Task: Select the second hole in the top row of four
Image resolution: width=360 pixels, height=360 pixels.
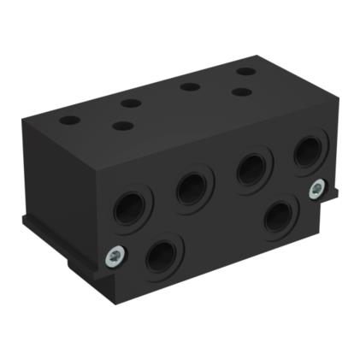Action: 131,103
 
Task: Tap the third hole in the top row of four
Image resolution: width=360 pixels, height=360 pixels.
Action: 190,86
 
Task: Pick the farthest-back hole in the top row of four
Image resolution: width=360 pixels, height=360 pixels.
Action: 245,71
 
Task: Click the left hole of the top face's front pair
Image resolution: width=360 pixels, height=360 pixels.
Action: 123,126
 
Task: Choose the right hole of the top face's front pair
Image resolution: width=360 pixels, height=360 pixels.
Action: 242,91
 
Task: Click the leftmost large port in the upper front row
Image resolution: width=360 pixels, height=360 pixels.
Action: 130,208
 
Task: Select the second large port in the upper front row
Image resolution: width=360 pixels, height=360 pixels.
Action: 192,187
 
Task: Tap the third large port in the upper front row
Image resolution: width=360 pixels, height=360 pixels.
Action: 252,168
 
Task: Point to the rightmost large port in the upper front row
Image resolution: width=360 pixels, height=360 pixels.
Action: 307,152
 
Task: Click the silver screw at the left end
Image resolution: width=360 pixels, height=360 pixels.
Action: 113,255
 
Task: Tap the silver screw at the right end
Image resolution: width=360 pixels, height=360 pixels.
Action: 316,189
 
